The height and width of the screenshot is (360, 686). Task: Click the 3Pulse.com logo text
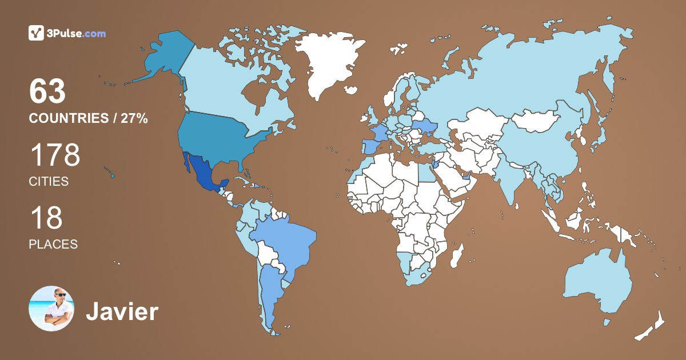pyautogui.click(x=77, y=33)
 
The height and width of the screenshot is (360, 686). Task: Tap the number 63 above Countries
pyautogui.click(x=48, y=92)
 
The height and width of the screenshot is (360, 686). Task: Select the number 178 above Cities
pyautogui.click(x=54, y=155)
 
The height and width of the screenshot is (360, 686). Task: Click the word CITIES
pyautogui.click(x=49, y=182)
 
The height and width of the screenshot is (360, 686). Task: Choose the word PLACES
pyautogui.click(x=53, y=244)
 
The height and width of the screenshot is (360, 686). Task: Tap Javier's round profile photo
pyautogui.click(x=51, y=309)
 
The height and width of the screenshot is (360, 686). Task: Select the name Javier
pyautogui.click(x=122, y=312)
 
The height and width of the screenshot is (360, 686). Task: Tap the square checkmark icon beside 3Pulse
pyautogui.click(x=36, y=33)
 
